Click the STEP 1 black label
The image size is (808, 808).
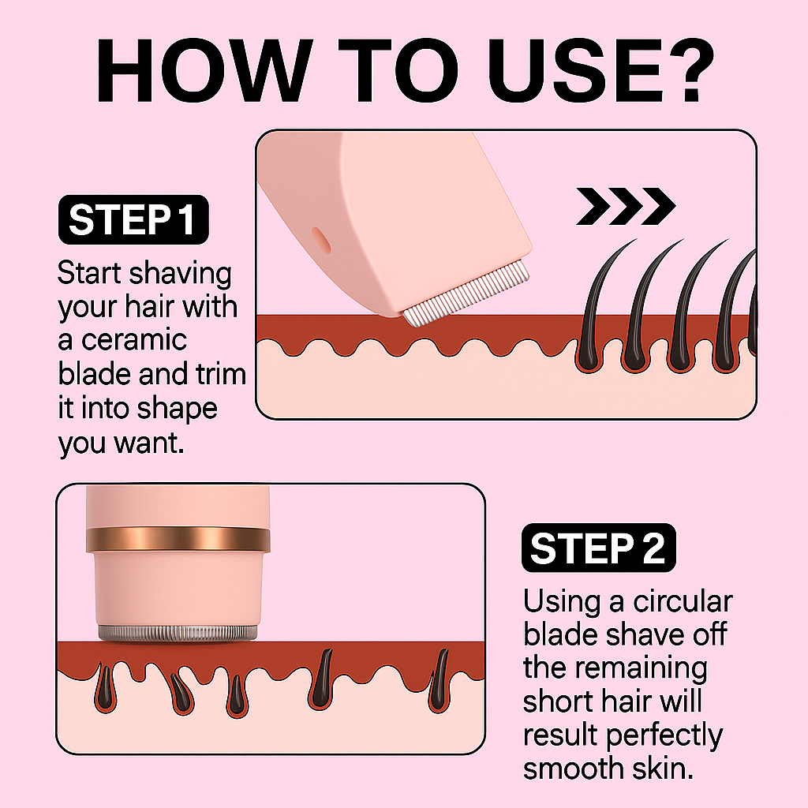tap(133, 219)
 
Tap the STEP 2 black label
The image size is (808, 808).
tap(598, 548)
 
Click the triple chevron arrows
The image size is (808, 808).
tap(626, 206)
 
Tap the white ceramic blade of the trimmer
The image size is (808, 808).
tap(466, 294)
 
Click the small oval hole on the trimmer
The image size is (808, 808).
tap(321, 241)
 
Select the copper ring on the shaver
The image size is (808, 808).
tap(178, 539)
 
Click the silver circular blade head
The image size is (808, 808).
tap(178, 634)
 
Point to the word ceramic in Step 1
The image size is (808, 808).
tap(134, 341)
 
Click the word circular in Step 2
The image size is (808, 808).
tap(683, 601)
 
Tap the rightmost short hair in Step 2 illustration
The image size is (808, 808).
tap(440, 680)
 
